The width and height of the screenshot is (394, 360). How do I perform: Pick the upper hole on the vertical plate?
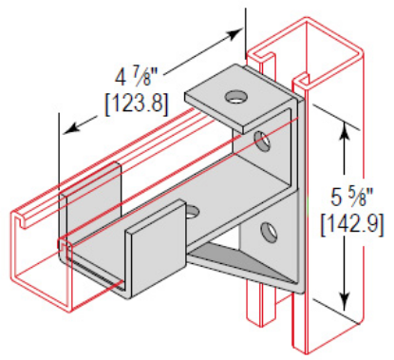[263, 142]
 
